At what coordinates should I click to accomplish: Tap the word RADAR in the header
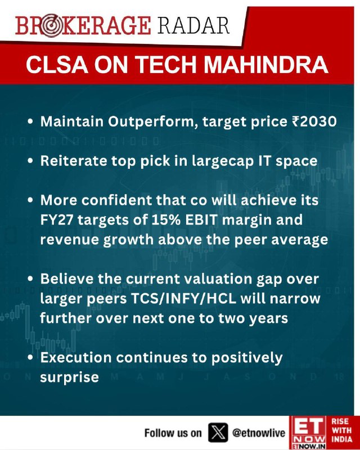[193, 26]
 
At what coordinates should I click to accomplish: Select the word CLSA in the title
[57, 65]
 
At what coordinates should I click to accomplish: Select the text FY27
[57, 220]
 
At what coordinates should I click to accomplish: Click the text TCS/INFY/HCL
[184, 299]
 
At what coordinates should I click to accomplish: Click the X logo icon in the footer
[218, 432]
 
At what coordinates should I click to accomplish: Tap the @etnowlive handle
[259, 433]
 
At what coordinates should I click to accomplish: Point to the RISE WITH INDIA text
[341, 430]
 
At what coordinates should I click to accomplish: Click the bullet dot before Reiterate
[30, 161]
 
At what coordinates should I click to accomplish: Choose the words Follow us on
[173, 433]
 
